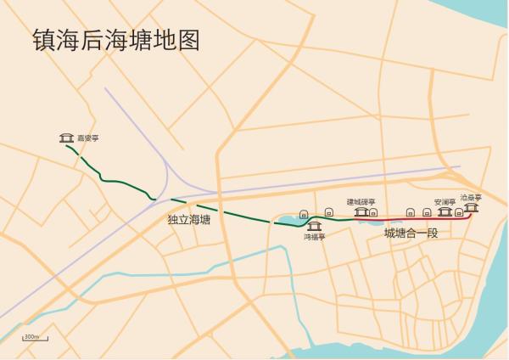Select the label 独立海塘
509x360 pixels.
click(189, 220)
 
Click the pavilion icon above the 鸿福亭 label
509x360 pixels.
click(315, 225)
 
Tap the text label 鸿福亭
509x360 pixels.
click(315, 237)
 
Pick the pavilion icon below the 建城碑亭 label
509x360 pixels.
click(361, 211)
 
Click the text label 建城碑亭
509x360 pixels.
click(360, 201)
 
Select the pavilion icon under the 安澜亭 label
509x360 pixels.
click(444, 211)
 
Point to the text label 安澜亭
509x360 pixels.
click(445, 201)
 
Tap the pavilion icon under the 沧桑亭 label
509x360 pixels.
click(472, 207)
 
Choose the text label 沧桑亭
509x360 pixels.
click(471, 197)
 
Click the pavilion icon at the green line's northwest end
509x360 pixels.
click(65, 138)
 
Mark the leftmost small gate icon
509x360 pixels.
click(304, 212)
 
